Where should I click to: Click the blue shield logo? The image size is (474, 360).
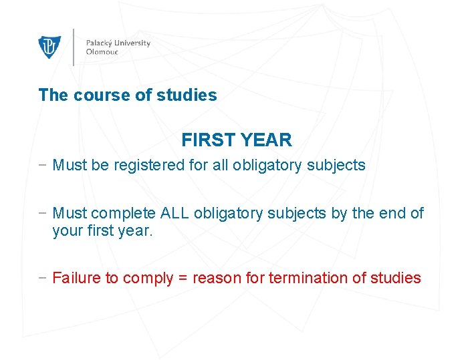(49, 47)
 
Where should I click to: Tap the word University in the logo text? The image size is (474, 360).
(133, 43)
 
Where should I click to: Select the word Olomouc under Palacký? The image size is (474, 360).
(102, 52)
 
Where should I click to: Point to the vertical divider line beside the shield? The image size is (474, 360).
(73, 47)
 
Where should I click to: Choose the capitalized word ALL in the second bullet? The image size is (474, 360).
(175, 214)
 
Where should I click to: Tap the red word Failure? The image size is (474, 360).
(77, 278)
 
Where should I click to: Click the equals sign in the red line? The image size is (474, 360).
(183, 279)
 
